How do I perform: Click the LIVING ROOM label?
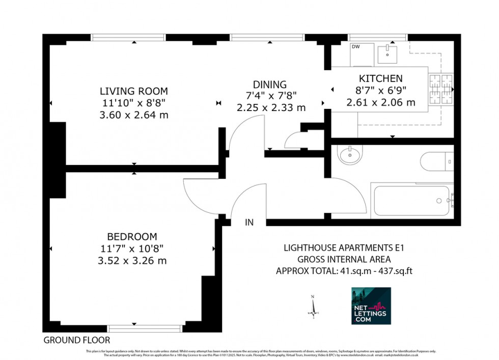tap(133, 92)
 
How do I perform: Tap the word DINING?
tap(270, 85)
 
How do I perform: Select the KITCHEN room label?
tap(381, 78)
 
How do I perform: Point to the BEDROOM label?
tap(132, 237)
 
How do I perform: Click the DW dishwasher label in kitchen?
tap(355, 47)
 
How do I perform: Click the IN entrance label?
tap(249, 223)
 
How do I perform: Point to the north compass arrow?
tap(314, 306)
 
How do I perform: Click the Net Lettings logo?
tap(371, 306)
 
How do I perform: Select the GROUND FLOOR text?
tap(76, 340)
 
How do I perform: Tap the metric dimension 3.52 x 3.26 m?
tap(132, 261)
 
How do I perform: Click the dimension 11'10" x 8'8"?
tap(133, 103)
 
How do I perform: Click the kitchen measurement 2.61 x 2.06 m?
tap(381, 102)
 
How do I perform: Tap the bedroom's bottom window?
tap(137, 328)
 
